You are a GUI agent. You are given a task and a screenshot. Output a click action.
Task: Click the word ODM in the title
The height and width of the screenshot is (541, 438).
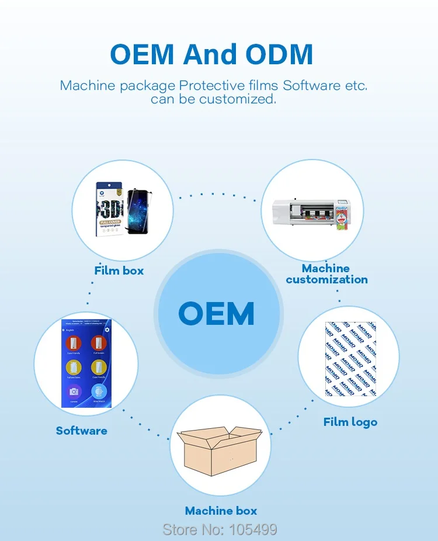click(x=279, y=54)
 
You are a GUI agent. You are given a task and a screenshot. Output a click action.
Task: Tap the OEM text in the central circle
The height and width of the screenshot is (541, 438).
click(x=217, y=313)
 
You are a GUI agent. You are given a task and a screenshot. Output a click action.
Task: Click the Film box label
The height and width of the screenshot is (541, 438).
click(x=119, y=270)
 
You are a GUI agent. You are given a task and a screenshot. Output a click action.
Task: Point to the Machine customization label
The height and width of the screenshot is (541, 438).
click(x=326, y=273)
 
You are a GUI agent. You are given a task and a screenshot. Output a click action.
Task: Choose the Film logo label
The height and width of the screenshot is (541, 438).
click(x=350, y=422)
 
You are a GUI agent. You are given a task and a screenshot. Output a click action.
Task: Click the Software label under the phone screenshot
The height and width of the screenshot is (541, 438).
click(x=82, y=431)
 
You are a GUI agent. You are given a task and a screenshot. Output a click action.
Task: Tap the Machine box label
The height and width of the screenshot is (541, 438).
click(x=221, y=511)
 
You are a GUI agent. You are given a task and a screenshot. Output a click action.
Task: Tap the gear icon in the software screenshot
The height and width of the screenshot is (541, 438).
click(x=107, y=330)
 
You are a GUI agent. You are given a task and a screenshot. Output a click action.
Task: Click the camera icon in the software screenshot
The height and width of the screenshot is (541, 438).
click(x=74, y=392)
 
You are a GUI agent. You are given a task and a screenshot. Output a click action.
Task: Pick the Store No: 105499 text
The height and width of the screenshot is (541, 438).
click(x=220, y=529)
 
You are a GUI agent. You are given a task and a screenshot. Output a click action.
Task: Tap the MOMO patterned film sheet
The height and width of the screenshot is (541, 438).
click(x=350, y=359)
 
